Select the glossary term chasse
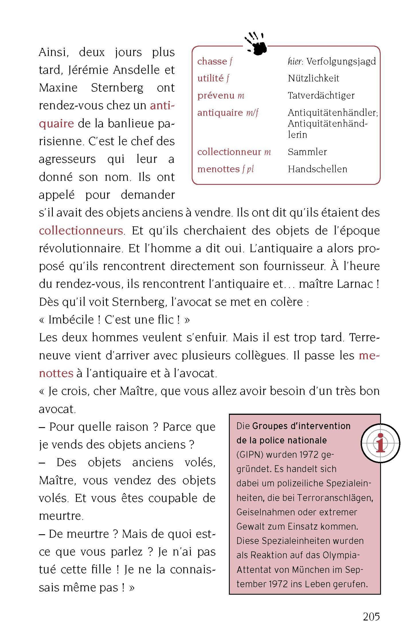(x=212, y=61)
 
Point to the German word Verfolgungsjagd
(x=341, y=61)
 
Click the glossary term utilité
(x=210, y=78)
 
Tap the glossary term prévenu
(x=216, y=96)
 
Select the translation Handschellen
(x=317, y=169)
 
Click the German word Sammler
(x=307, y=152)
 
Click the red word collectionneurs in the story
(x=81, y=231)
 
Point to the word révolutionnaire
(x=81, y=249)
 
